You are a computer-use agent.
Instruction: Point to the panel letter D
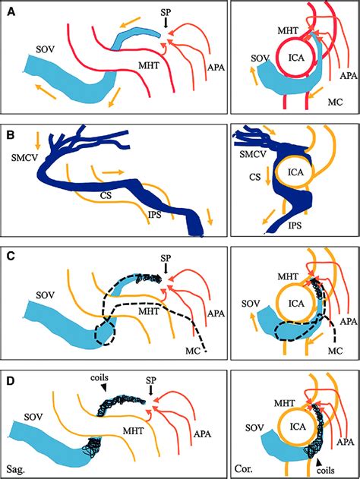12,373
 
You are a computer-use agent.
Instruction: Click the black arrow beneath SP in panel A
166,27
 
